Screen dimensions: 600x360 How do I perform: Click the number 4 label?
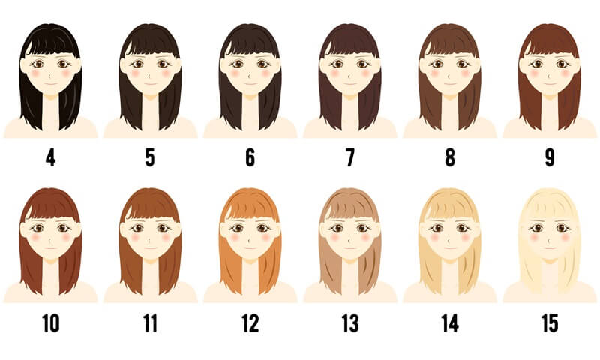50,157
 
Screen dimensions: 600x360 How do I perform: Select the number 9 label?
550,157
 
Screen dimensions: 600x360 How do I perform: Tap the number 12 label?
250,323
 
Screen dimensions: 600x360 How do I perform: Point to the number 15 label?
550,323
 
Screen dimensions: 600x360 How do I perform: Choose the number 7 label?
350,157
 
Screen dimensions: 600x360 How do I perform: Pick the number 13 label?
350,323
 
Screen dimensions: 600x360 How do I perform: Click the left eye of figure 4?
38,64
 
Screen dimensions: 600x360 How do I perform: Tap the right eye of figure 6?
263,64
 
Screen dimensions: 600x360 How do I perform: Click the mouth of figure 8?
450,83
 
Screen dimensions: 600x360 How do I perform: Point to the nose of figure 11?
151,240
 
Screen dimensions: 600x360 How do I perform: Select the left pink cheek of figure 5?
136,73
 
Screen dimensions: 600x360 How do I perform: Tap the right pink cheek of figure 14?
465,237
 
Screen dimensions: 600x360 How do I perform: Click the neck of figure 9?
550,111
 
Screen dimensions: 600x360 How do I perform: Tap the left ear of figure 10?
24,229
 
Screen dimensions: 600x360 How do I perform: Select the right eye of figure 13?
363,229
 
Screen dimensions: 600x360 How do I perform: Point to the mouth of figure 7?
350,83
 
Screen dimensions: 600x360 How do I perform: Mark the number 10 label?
50,323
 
